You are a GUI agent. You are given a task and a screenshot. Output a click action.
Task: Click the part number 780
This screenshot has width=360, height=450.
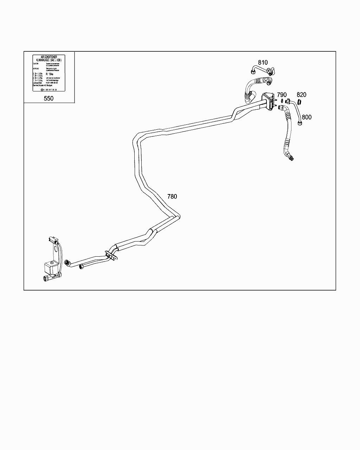(172, 197)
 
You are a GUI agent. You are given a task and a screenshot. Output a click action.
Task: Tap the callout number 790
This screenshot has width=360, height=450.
(282, 95)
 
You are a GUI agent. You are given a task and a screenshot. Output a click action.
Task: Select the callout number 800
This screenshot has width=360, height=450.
(307, 117)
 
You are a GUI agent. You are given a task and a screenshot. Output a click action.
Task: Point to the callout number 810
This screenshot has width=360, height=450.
(263, 63)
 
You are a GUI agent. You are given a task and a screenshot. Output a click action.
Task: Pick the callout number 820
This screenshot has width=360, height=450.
(301, 95)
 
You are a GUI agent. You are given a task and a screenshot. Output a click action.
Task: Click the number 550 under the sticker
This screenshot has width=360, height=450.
(49, 98)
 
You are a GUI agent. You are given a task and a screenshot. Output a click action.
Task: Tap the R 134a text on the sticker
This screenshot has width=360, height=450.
(50, 75)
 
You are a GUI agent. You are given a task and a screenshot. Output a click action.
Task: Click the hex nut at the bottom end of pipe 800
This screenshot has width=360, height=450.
(300, 123)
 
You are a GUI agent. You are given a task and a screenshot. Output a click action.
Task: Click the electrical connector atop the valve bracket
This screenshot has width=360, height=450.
(53, 241)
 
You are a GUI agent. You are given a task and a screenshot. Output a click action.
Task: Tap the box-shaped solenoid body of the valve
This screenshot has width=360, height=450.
(51, 269)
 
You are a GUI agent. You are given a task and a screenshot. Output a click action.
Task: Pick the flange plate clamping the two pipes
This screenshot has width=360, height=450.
(110, 255)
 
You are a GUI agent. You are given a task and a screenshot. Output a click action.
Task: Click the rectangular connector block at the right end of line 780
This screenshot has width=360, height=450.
(268, 101)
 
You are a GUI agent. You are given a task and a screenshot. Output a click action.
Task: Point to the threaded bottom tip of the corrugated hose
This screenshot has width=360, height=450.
(291, 158)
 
